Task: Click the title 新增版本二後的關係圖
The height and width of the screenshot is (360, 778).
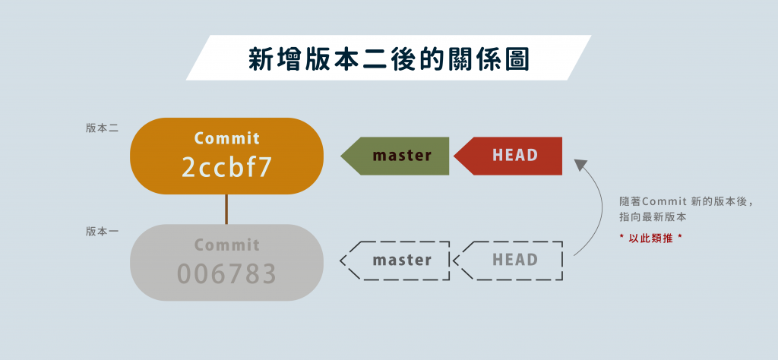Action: click(x=388, y=58)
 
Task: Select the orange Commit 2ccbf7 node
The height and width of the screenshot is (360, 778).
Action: click(x=226, y=156)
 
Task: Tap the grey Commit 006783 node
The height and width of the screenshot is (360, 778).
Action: click(x=226, y=262)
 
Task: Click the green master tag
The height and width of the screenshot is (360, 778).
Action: click(x=397, y=156)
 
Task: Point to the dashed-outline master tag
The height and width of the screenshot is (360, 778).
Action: click(x=397, y=261)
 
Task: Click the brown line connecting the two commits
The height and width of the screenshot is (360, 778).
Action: click(x=226, y=209)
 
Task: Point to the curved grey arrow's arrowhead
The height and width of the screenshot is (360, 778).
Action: click(x=581, y=164)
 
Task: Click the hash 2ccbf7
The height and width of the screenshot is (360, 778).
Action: click(x=226, y=168)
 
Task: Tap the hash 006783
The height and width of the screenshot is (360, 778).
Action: click(x=226, y=273)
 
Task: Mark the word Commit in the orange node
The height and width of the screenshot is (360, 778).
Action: click(x=226, y=138)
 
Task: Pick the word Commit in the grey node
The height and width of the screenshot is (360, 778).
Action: click(x=226, y=245)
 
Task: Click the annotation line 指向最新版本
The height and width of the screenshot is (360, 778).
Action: click(x=653, y=217)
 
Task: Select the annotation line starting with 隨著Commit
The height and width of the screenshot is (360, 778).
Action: click(x=685, y=201)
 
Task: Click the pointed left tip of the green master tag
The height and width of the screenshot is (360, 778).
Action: click(x=342, y=156)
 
